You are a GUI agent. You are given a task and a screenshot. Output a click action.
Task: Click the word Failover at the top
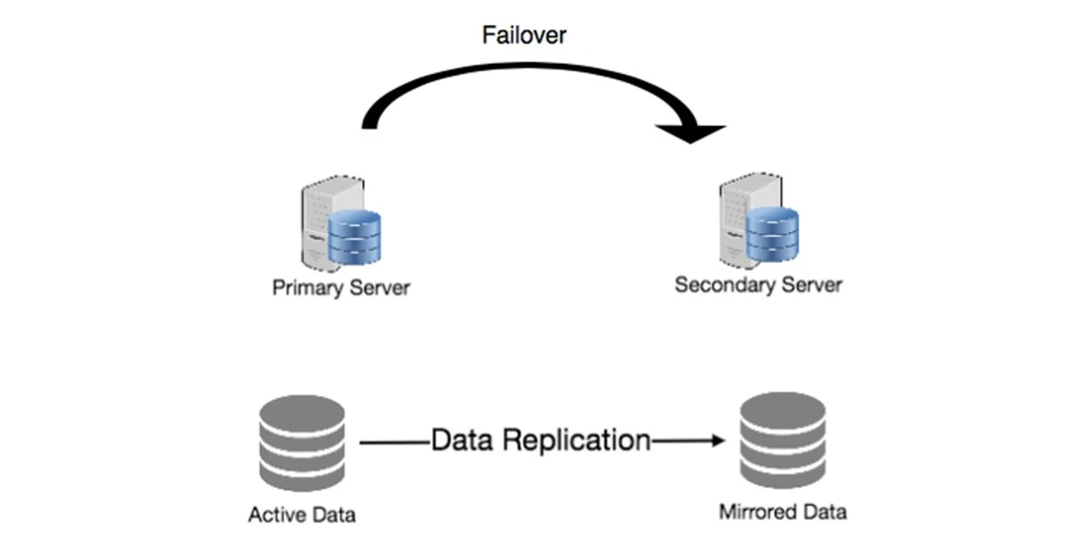click(524, 36)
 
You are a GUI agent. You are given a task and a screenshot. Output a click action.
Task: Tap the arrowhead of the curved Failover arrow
click(693, 132)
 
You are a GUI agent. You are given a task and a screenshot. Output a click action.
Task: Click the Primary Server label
click(341, 289)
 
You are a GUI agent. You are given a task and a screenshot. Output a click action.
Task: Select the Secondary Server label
click(758, 285)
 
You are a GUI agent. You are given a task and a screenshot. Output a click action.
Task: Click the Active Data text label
click(302, 514)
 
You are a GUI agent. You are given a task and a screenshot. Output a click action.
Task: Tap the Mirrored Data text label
click(783, 512)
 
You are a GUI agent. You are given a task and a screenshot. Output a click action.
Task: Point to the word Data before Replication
click(461, 440)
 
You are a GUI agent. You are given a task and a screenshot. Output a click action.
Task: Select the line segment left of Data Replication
click(394, 440)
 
